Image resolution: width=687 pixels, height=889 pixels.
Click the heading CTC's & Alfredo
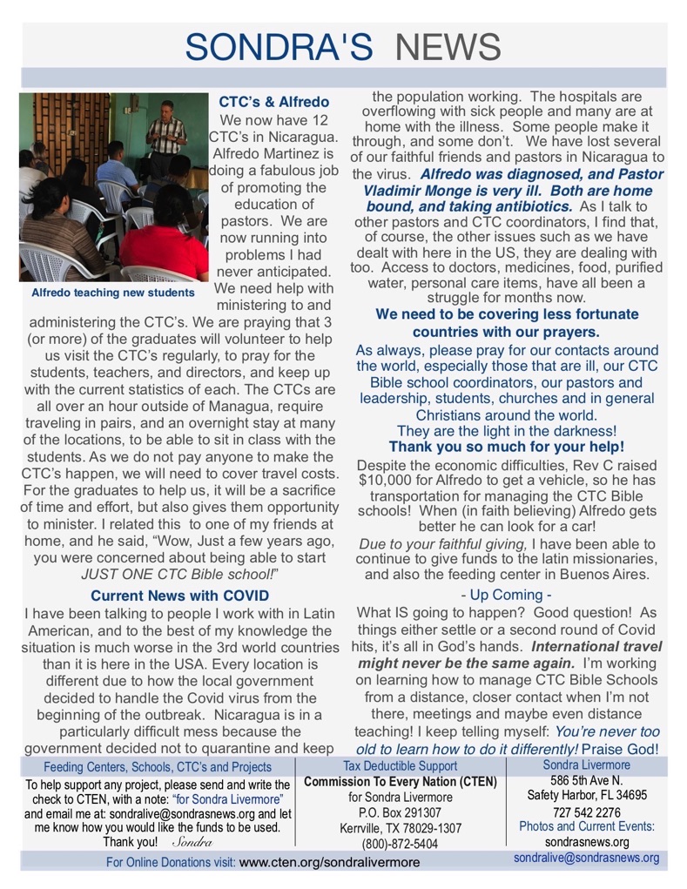pos(273,102)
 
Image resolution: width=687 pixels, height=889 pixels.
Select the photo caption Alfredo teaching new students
pos(113,293)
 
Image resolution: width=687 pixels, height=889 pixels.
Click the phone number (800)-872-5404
pos(400,844)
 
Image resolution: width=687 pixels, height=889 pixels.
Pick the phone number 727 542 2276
pos(587,812)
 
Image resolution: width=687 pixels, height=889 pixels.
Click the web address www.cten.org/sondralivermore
pos(329,862)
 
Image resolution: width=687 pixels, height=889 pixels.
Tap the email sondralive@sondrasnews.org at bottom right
pos(586,858)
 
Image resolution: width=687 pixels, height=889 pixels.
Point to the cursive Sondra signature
pos(192,843)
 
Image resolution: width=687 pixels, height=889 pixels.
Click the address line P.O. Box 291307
pos(401,812)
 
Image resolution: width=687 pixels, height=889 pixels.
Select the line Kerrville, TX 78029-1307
pos(401,828)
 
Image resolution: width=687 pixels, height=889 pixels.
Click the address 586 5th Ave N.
pos(587,780)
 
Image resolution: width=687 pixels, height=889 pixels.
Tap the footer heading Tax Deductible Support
pos(401,766)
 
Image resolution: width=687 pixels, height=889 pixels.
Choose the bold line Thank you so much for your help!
pos(506,446)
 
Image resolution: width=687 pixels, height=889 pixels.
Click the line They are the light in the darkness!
pos(506,430)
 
